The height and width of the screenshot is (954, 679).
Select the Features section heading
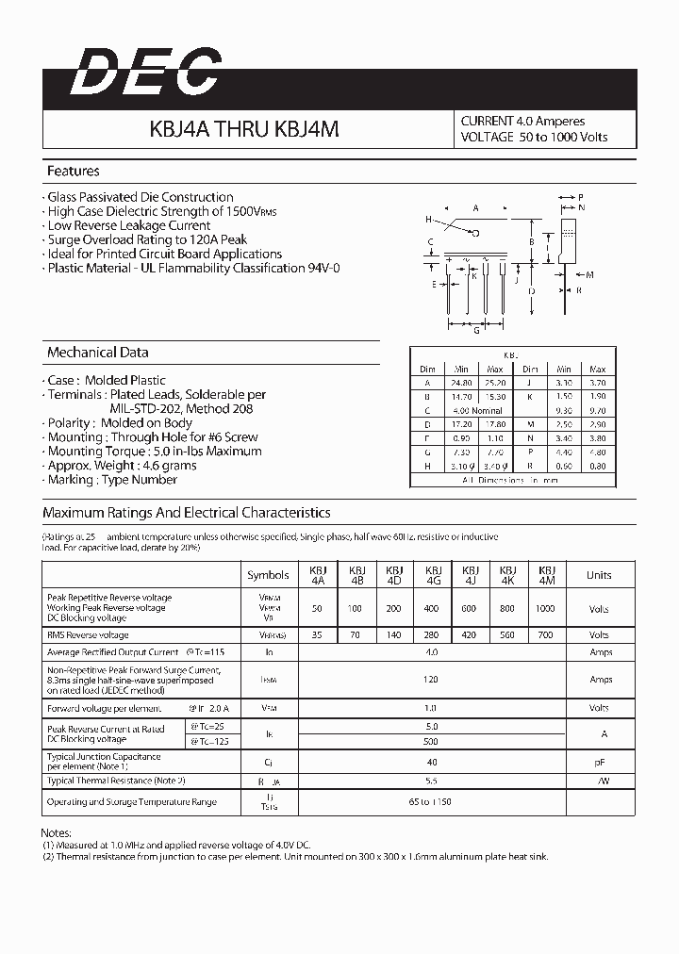point(74,172)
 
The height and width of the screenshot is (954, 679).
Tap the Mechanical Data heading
point(98,353)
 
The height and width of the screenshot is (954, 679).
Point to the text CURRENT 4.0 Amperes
point(522,122)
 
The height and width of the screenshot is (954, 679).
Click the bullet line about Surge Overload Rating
point(147,239)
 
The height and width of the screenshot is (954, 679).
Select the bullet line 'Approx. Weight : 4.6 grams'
point(122,466)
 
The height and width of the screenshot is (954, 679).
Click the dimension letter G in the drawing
point(477,331)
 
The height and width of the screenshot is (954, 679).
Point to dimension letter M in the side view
point(589,275)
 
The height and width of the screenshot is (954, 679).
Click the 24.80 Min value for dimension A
point(460,384)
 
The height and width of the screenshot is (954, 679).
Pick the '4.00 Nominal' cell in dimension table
point(478,411)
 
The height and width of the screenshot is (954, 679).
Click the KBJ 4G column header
point(433,575)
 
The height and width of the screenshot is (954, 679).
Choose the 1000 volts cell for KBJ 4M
point(545,609)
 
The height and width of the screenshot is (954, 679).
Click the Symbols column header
point(268,575)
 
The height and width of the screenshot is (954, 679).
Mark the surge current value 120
point(432,679)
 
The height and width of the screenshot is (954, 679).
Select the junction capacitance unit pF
point(599,762)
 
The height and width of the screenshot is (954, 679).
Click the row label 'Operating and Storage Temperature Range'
point(131,802)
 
